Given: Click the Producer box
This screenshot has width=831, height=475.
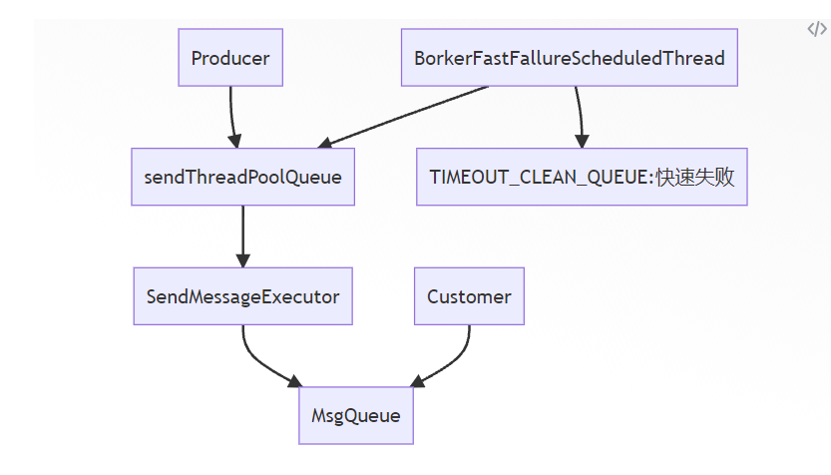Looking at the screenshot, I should tap(229, 58).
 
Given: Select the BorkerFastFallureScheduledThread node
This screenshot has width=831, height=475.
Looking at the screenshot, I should tap(569, 58).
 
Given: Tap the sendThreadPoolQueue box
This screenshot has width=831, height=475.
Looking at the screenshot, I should tap(242, 178).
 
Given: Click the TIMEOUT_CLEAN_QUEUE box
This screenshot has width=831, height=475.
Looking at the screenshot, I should tap(582, 178).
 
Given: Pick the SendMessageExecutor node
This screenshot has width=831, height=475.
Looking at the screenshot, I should tap(242, 296).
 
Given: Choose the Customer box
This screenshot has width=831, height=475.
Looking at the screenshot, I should tap(469, 296).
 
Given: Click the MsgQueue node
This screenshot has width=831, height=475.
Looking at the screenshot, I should tap(356, 415).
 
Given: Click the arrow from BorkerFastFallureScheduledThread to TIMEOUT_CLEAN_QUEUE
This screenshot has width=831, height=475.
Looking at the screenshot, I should tap(578, 115).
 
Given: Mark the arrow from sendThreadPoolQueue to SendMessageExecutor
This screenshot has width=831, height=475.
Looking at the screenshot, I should tap(242, 235).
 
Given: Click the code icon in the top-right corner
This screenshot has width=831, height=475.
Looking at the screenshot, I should tap(816, 29).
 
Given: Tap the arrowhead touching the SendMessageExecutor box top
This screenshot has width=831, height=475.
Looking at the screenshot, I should tap(242, 260).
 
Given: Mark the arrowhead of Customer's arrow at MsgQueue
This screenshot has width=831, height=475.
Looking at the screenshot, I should tap(416, 382).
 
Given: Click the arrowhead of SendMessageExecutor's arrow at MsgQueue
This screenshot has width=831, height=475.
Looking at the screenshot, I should tap(295, 382).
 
